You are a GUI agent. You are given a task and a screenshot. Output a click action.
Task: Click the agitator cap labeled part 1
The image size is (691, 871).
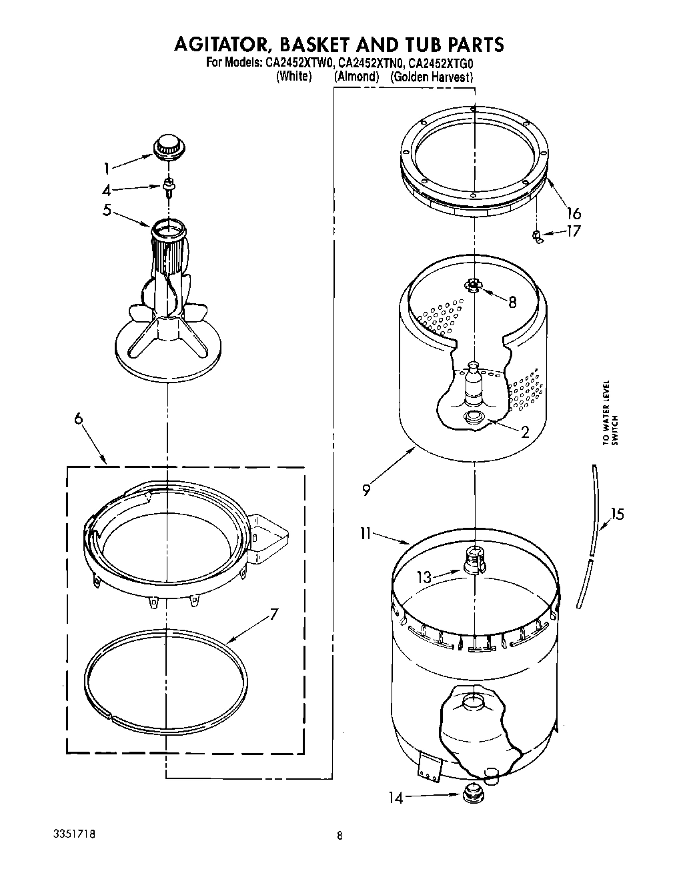tap(168, 147)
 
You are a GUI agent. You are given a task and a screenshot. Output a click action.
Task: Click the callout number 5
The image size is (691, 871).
tap(107, 211)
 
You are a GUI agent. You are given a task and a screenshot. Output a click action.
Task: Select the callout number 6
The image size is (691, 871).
tap(79, 418)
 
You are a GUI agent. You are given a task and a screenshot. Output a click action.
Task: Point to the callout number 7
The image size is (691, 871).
tap(273, 614)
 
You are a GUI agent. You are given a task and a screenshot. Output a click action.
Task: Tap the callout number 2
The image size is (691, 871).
tap(525, 433)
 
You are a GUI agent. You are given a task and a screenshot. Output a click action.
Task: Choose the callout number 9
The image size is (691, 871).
tap(366, 490)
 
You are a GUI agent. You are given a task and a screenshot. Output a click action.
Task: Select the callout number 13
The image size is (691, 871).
tap(424, 578)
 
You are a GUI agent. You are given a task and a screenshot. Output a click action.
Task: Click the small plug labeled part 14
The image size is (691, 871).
tap(473, 794)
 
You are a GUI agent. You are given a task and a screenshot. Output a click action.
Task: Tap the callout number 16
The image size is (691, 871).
tap(573, 213)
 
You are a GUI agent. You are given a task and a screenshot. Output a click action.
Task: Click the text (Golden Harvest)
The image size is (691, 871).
tap(432, 77)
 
